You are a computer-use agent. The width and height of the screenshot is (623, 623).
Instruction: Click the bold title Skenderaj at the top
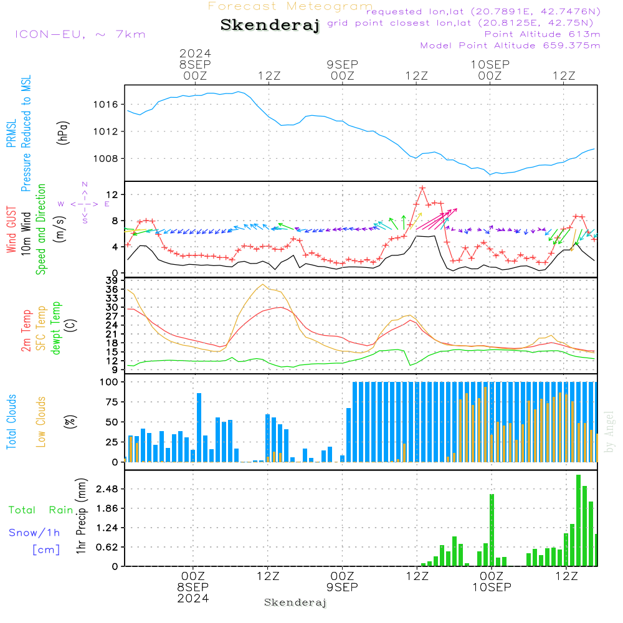pos(270,26)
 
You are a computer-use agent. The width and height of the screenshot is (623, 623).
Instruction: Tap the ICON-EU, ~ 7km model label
pos(80,34)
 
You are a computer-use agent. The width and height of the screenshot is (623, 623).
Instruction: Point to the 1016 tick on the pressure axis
pos(106,105)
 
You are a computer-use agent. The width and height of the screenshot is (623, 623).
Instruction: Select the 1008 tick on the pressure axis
pos(106,158)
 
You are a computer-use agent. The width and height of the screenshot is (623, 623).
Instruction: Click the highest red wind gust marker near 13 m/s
pos(422,188)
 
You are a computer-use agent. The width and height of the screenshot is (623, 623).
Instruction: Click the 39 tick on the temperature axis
pos(112,280)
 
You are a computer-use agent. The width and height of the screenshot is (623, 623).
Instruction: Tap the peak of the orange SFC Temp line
pos(263,285)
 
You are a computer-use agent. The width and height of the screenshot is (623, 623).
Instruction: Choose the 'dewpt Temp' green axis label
pos(55,328)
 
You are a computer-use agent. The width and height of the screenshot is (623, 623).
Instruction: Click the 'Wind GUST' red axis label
pos(11,229)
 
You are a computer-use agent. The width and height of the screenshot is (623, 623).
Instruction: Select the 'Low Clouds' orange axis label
pos(40,422)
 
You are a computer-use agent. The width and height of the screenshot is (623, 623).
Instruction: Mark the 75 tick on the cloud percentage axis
pos(112,402)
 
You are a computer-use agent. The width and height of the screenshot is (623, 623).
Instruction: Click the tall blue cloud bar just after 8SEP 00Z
pos(199,427)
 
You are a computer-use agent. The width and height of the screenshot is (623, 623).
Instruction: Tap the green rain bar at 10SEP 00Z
pos(492,530)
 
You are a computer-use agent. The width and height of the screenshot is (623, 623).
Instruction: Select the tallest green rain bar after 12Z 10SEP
pos(579,520)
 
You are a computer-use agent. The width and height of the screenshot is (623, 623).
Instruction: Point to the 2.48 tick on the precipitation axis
pos(107,488)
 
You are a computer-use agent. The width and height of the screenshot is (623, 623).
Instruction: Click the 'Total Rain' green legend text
pos(41,510)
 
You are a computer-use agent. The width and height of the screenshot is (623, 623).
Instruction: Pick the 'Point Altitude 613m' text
pos(543,34)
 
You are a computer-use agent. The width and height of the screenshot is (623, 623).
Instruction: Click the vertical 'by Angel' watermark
pos(609,432)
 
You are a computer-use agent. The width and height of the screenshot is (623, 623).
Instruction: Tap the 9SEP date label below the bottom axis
pos(342,587)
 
